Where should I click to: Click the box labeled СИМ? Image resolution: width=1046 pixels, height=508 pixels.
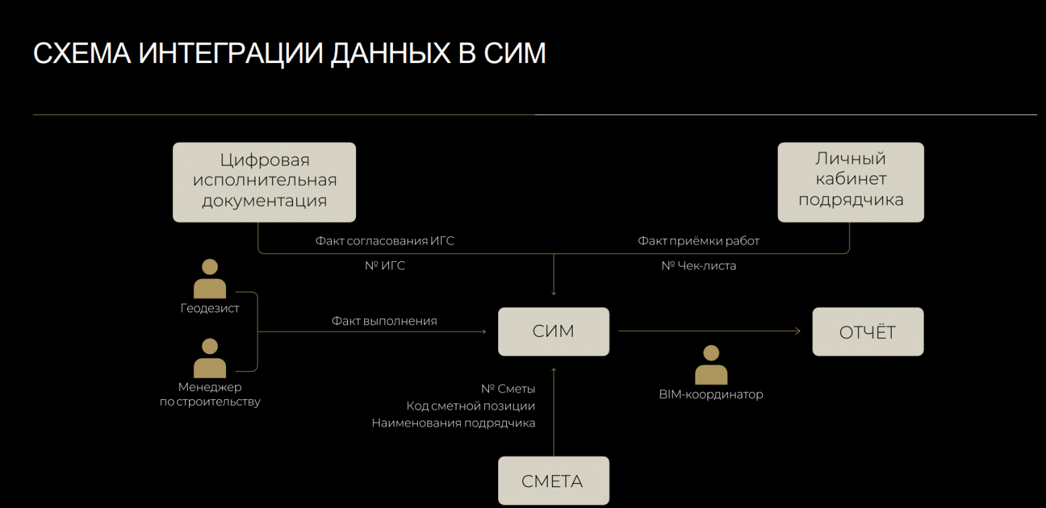(x=553, y=332)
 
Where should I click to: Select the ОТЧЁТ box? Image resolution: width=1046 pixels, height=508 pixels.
(x=868, y=332)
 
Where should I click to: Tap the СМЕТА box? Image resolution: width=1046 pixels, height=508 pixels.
(x=553, y=480)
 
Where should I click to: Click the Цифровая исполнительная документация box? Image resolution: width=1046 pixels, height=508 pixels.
(x=264, y=181)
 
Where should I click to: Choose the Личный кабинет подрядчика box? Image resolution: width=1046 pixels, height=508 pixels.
(x=850, y=181)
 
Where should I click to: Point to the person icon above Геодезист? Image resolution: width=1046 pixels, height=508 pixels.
(x=210, y=278)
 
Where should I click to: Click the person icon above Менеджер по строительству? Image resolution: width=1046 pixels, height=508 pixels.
(x=210, y=358)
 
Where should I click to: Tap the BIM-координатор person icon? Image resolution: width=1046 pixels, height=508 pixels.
(x=711, y=365)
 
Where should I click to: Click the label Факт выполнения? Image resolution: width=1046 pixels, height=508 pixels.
(x=384, y=321)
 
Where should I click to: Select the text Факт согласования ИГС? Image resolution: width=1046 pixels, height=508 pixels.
(x=385, y=241)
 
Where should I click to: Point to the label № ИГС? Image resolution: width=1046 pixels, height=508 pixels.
(x=385, y=266)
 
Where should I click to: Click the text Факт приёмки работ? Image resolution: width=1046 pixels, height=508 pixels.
(x=698, y=241)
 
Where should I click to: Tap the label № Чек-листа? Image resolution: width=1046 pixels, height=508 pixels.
(x=698, y=266)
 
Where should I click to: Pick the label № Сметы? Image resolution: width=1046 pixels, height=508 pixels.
(x=508, y=389)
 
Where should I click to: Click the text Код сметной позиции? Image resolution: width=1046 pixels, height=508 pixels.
(x=471, y=406)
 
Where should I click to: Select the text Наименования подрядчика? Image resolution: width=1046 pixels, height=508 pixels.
(x=453, y=423)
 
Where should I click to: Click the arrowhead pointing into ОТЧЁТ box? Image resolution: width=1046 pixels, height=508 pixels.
(x=797, y=331)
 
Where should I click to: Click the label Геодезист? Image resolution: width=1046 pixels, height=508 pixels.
(x=210, y=309)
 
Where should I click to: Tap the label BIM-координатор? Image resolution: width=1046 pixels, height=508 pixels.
(x=711, y=395)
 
